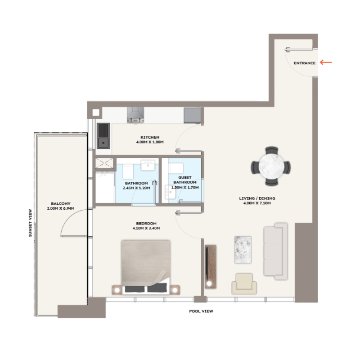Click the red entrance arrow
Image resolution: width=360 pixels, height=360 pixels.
tap(326, 62)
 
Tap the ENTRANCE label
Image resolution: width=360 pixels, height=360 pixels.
tap(305, 63)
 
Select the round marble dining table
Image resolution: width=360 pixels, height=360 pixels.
tap(271, 166)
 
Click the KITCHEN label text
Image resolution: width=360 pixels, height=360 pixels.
tap(150, 137)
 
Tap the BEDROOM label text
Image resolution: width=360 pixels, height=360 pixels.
tap(146, 224)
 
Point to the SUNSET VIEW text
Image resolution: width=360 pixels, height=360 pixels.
tap(30, 223)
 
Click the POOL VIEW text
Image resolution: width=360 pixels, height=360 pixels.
tap(201, 311)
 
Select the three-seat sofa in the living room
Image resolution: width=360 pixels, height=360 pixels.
tap(275, 250)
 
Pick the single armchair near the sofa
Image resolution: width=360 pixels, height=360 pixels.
tap(244, 283)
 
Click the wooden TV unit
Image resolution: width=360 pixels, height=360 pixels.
tap(210, 267)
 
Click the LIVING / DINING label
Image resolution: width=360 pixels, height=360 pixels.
tap(257, 198)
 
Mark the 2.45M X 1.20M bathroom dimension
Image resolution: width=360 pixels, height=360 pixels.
tap(137, 188)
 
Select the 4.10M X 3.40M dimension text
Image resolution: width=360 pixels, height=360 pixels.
tap(146, 229)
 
